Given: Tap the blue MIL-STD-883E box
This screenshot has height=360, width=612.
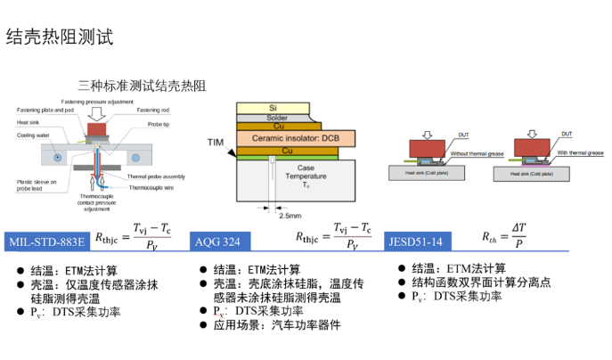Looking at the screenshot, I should [x=46, y=241].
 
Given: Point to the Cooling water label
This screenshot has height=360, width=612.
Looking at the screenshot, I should [x=34, y=135].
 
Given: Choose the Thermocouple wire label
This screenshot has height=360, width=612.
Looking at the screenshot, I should [x=158, y=187].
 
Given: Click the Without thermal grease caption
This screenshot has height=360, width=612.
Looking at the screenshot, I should [x=473, y=152].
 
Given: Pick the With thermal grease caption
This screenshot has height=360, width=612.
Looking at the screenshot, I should [x=578, y=152].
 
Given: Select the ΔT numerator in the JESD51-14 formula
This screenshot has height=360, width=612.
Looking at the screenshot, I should [x=518, y=231].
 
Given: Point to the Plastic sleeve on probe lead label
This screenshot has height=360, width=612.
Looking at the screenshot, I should [x=36, y=184].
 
